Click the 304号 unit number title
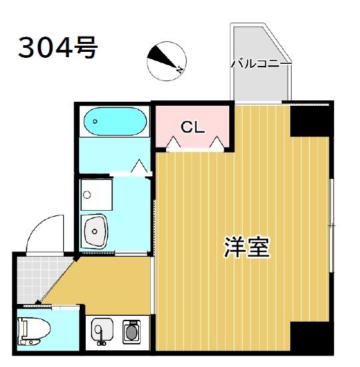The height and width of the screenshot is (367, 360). coord(58,47)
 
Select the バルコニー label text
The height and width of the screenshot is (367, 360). coord(260,64)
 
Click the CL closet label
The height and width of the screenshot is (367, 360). coord(193,126)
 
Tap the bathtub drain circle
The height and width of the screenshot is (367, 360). coord(95,122)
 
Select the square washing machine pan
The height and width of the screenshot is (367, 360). coord(96,195)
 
